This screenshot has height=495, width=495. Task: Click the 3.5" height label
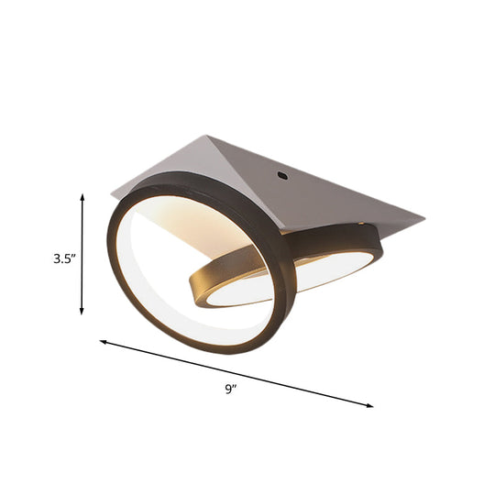click(63, 258)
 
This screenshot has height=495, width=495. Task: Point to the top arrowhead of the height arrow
click(83, 196)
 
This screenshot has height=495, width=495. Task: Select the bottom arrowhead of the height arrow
click(83, 312)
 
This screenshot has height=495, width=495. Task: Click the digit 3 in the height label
click(56, 258)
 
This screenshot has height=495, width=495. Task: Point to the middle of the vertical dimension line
click(83, 254)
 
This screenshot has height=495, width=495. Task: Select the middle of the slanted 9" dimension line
click(236, 373)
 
